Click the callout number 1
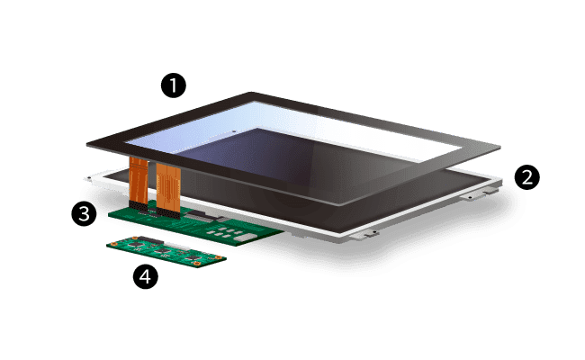pos(173,86)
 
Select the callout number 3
pos(84,214)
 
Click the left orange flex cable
pos(139,181)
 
